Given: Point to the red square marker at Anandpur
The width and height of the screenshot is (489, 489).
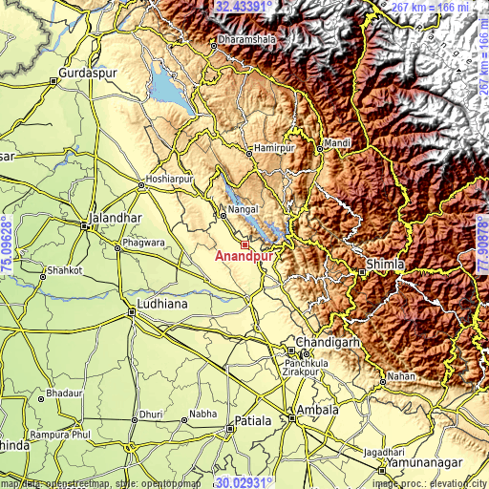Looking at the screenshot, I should tap(245, 244).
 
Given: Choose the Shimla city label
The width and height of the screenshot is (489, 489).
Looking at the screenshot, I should tap(386, 264).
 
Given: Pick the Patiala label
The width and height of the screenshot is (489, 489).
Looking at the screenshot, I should tap(253, 420).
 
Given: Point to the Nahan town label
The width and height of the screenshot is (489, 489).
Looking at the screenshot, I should tap(402, 376).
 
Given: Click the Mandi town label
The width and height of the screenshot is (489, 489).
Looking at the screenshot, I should tap(337, 143).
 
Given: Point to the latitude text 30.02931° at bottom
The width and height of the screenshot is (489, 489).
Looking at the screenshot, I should tap(244, 482).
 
